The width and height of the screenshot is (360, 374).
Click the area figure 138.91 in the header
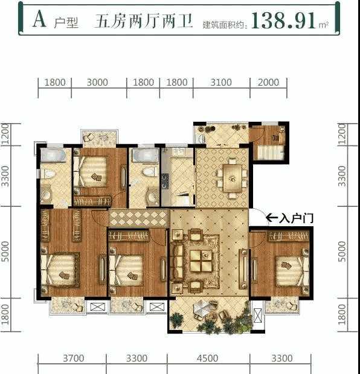284,20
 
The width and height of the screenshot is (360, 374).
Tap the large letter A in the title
39,19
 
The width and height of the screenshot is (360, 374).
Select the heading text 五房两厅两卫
143,21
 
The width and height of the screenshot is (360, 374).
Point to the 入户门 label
296,218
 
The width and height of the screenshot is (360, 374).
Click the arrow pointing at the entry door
272,218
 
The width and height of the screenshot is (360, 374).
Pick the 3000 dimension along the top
97,83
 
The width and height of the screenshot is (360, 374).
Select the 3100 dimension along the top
221,83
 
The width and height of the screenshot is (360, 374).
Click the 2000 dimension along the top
268,83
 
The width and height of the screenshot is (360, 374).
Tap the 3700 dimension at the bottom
73,358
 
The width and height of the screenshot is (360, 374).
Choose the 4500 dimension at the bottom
207,358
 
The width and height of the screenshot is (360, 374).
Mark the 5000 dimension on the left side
5,252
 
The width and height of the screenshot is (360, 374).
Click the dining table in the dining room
232,178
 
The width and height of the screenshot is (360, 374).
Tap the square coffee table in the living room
201,260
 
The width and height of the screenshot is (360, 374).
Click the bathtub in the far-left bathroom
53,155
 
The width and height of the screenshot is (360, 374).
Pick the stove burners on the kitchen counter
165,182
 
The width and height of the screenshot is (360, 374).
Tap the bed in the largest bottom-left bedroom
60,270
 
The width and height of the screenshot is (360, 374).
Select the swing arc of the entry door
260,213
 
